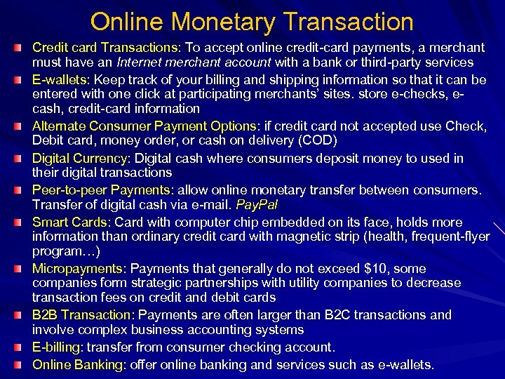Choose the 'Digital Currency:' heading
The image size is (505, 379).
[81, 158]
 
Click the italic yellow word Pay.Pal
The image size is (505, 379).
[257, 205]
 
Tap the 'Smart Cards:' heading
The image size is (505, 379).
[69, 222]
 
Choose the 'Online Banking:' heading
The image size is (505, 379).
[79, 365]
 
